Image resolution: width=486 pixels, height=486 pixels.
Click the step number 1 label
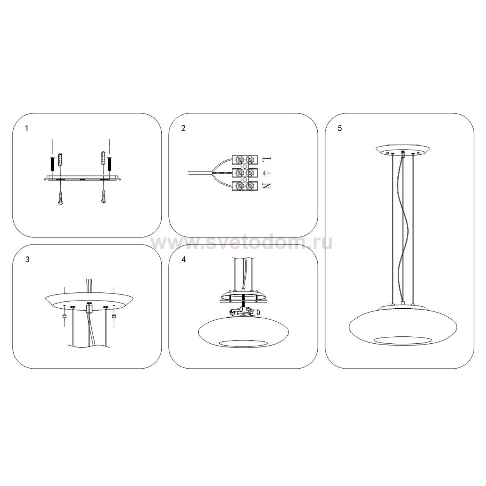27,128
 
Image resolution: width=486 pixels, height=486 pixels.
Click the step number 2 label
184,128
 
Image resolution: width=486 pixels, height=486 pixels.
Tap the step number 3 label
27,259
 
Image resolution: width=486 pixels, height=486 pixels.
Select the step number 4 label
184,259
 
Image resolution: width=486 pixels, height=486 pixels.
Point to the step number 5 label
340,128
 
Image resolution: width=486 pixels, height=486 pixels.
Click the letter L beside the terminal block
267,159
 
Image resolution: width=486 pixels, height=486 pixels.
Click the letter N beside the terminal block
267,186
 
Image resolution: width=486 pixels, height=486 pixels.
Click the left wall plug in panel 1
60,159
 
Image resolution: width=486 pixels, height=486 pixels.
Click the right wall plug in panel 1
103,159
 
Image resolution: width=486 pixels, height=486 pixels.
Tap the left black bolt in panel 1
52,164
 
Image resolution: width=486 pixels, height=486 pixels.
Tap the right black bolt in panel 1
109,164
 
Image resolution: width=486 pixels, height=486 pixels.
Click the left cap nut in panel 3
65,316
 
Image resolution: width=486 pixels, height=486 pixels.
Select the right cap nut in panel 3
114,316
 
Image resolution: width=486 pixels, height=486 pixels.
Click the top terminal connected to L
245,159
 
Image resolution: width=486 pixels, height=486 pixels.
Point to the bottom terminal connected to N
245,186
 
